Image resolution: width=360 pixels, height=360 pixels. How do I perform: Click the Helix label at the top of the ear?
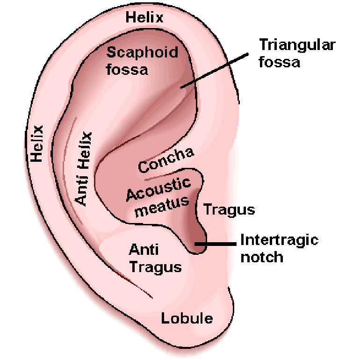[144, 18]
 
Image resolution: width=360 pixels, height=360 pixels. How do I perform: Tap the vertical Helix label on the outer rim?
[37, 143]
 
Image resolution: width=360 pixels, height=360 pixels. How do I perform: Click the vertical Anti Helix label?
[84, 168]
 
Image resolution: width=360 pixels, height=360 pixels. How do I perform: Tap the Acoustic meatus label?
[159, 197]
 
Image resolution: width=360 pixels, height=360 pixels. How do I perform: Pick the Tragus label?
[229, 209]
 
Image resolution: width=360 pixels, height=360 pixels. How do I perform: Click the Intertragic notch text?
[279, 248]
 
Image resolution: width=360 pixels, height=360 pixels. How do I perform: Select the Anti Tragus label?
[155, 259]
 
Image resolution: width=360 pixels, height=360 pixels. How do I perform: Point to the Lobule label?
[187, 318]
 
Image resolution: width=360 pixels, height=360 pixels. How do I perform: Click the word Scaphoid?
[142, 52]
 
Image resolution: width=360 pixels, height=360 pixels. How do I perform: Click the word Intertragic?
[279, 240]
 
